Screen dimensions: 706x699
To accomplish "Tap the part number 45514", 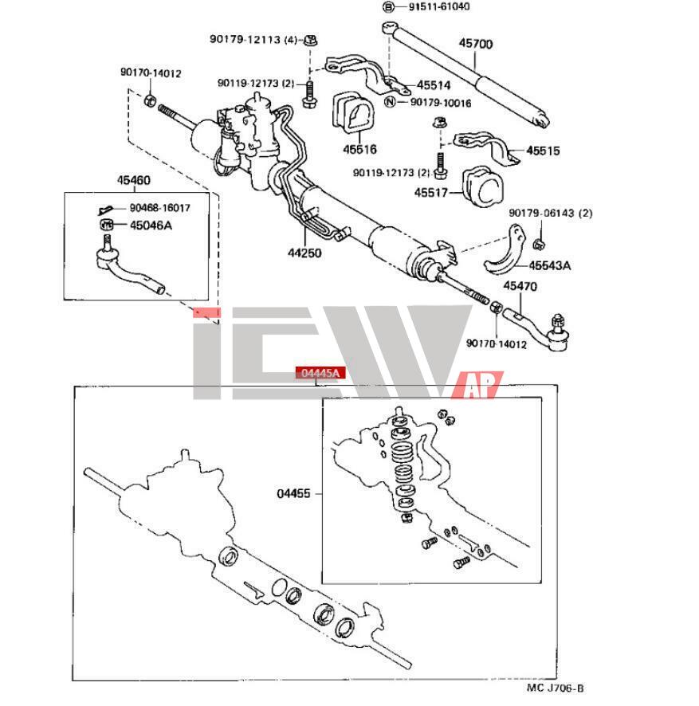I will (x=433, y=85).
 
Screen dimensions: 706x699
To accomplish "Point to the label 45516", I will (x=360, y=149).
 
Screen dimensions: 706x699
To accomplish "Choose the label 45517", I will (x=432, y=192).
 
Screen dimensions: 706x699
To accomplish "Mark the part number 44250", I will (x=304, y=253).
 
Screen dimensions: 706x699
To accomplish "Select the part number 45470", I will (x=520, y=285).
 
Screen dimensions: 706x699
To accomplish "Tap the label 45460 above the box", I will (x=134, y=181).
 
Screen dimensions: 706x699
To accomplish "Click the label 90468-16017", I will (x=159, y=209).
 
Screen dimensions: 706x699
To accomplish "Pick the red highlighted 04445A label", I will (x=319, y=372).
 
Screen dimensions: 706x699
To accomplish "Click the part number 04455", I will (x=294, y=493).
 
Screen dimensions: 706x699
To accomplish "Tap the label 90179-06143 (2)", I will (x=551, y=213).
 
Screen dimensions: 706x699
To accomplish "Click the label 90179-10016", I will (x=440, y=103).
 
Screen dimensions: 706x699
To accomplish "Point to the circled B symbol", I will (x=389, y=7).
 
